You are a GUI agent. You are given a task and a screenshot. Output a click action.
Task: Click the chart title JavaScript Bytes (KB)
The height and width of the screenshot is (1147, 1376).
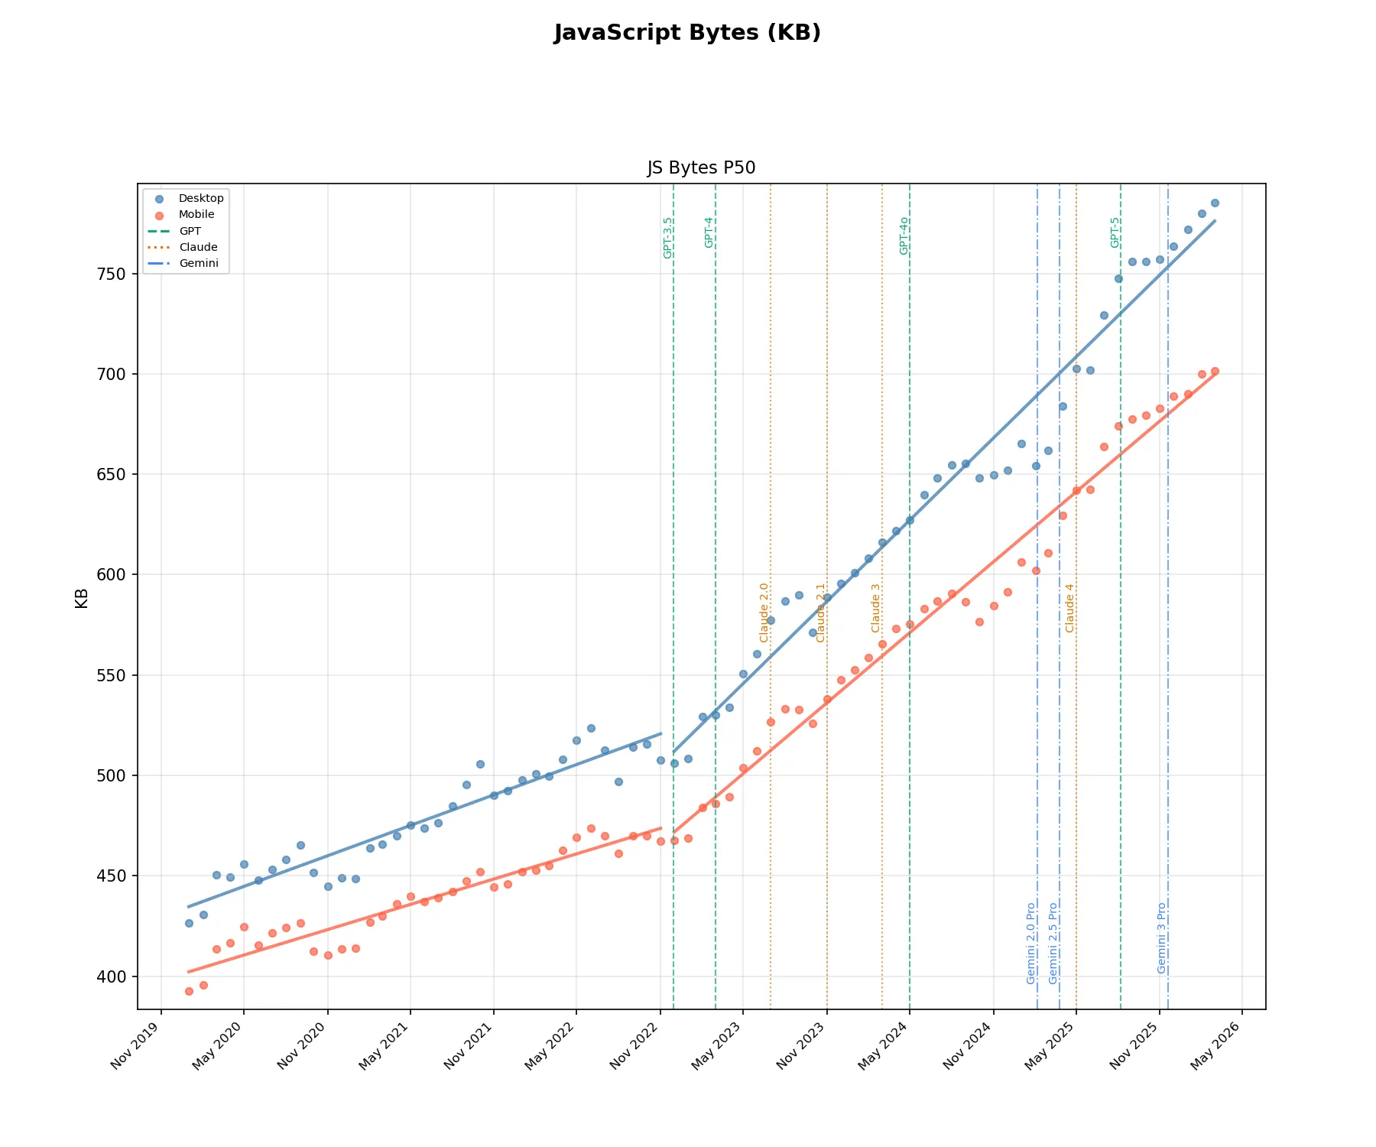click(687, 33)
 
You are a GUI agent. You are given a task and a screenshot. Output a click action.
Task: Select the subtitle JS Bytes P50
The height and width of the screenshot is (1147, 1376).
click(701, 168)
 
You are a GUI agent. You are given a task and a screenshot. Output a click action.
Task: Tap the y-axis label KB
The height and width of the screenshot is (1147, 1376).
click(82, 598)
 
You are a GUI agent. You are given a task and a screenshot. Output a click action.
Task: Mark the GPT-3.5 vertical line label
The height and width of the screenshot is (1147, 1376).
click(668, 238)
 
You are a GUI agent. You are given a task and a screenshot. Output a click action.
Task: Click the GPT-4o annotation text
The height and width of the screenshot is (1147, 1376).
click(904, 236)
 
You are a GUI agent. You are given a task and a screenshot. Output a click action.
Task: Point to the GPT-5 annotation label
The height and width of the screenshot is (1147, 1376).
click(1115, 232)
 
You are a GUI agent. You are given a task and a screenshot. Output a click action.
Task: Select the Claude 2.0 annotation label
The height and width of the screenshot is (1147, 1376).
click(764, 612)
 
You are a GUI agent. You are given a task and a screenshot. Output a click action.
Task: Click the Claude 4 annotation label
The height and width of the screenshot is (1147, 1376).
click(1069, 609)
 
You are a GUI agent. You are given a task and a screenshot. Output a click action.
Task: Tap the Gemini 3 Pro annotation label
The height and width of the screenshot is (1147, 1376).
click(1162, 938)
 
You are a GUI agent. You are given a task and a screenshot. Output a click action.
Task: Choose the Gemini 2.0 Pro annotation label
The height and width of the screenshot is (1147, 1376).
click(1031, 944)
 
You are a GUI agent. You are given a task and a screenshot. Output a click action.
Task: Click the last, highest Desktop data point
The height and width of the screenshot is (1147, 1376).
click(1215, 203)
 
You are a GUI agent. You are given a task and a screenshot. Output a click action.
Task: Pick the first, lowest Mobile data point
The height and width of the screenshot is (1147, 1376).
click(189, 991)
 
